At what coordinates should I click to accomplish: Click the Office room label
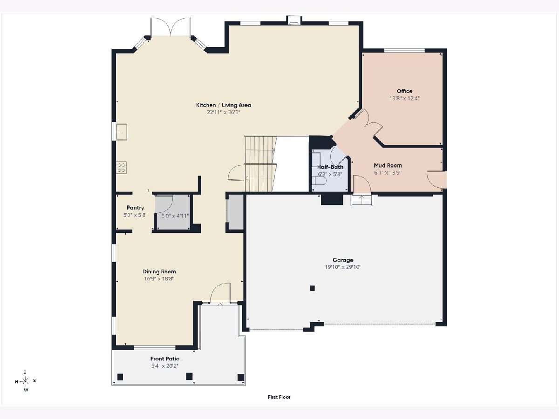404,91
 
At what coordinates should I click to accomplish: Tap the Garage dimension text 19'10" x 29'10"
343,267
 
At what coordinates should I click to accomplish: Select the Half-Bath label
330,167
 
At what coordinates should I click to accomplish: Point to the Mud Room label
388,165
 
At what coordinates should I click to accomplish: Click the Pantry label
135,208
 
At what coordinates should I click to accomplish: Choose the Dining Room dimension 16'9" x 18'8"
159,278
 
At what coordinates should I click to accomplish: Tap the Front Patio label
165,358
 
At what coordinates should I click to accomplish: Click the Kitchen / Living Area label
224,105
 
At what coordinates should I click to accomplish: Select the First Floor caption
279,397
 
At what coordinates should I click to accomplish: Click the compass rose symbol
26,381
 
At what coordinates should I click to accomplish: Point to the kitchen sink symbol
122,132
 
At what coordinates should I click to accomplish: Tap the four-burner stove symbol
121,168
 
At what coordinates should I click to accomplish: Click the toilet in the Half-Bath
320,181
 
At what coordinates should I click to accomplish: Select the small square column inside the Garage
312,288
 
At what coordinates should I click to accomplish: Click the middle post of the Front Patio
189,376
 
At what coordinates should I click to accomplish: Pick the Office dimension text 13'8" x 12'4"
404,98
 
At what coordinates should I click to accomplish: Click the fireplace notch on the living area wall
294,20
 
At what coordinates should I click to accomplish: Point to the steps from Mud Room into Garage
361,200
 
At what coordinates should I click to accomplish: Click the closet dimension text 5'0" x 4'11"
175,216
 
